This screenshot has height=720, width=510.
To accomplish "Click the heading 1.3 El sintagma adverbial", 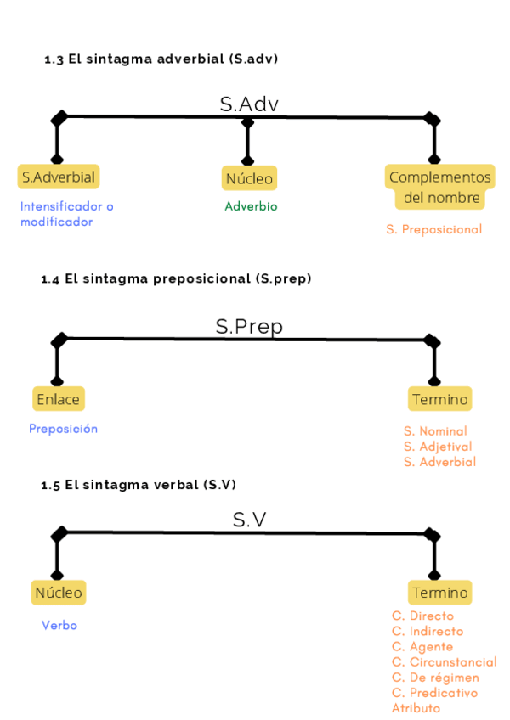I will tap(161, 59).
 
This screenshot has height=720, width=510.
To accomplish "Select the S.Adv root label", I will tap(249, 104).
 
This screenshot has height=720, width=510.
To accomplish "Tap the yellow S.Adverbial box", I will tap(59, 177).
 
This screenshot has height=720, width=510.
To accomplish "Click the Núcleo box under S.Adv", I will tap(249, 178).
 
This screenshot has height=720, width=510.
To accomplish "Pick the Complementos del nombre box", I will tap(439, 188).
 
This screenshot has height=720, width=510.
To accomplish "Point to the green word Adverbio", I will tap(251, 206).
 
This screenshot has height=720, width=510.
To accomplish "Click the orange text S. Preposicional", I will tap(433, 229).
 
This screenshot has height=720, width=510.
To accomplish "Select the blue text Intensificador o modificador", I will tap(66, 214).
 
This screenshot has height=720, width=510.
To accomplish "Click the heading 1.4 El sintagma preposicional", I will tap(176, 278).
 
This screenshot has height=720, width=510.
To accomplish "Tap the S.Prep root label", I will tap(248, 327).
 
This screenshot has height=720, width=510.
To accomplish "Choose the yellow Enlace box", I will tap(59, 399).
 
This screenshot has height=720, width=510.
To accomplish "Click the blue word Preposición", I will tap(63, 429).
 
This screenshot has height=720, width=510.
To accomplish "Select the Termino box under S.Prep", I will tap(439, 399).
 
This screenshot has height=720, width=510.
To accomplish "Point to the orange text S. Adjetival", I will tap(437, 447).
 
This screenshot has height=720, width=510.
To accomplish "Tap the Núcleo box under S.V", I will tap(59, 592).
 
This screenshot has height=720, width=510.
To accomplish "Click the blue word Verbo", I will tap(59, 625).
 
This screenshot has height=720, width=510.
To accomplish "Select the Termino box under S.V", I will tap(439, 593).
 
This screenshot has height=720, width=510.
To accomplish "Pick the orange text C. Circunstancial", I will tap(444, 662).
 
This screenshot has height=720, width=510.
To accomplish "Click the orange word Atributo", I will tap(416, 708).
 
